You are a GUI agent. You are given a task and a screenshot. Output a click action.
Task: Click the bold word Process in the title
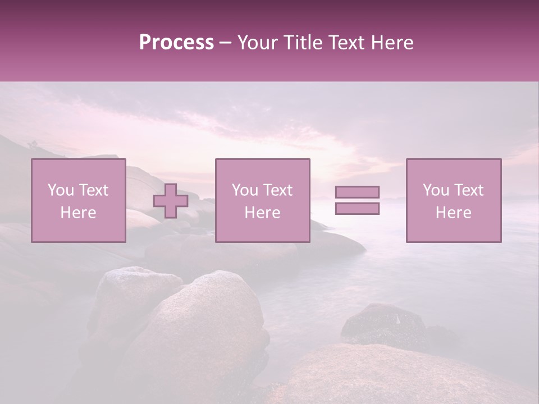[x=176, y=43]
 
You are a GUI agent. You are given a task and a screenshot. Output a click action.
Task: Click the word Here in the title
[x=392, y=43]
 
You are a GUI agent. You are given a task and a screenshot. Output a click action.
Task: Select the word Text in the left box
[x=93, y=190]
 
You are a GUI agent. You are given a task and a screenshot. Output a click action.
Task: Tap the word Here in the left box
[x=78, y=213]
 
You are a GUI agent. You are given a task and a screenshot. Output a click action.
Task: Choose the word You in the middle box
[x=245, y=190]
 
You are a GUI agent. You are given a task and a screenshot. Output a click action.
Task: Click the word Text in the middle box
[x=277, y=190]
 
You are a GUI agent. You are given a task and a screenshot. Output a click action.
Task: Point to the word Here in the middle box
[x=262, y=213]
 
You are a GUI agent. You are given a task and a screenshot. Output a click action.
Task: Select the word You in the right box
[x=436, y=190]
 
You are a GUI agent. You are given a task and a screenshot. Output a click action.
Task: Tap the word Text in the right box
[x=468, y=190]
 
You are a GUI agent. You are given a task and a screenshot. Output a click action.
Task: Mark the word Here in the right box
[x=453, y=213]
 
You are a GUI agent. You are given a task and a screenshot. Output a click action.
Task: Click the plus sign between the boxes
[x=171, y=201]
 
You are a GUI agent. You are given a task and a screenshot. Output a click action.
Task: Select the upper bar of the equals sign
[x=357, y=192]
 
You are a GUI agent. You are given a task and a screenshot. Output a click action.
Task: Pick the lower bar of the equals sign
[x=357, y=209]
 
